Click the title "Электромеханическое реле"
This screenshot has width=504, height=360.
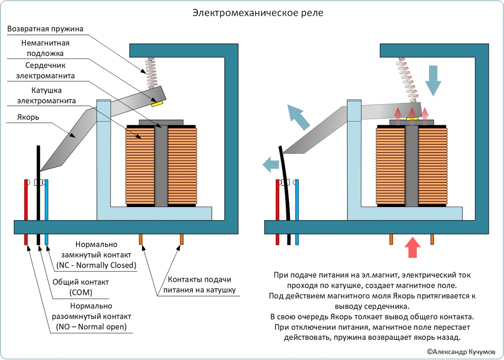point(258,13)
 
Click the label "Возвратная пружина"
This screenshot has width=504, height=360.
point(46,29)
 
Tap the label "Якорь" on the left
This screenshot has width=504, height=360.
point(29,117)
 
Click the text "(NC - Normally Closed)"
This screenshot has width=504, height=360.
point(96,265)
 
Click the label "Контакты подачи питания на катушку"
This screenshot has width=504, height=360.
point(199,284)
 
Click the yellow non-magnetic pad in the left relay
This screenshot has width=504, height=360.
point(158,102)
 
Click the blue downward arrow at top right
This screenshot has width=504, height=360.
point(433,81)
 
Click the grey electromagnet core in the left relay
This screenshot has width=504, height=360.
point(161,166)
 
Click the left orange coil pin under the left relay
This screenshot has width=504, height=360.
point(140,239)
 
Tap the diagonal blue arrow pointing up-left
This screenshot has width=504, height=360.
point(298,117)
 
